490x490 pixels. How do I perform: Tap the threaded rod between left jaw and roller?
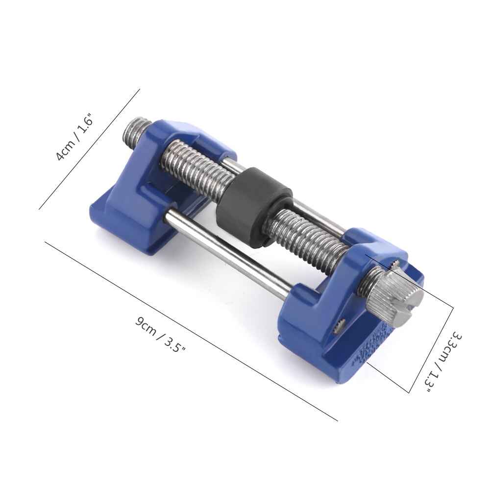click(x=196, y=167)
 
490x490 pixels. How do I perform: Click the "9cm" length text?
click(x=146, y=327)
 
